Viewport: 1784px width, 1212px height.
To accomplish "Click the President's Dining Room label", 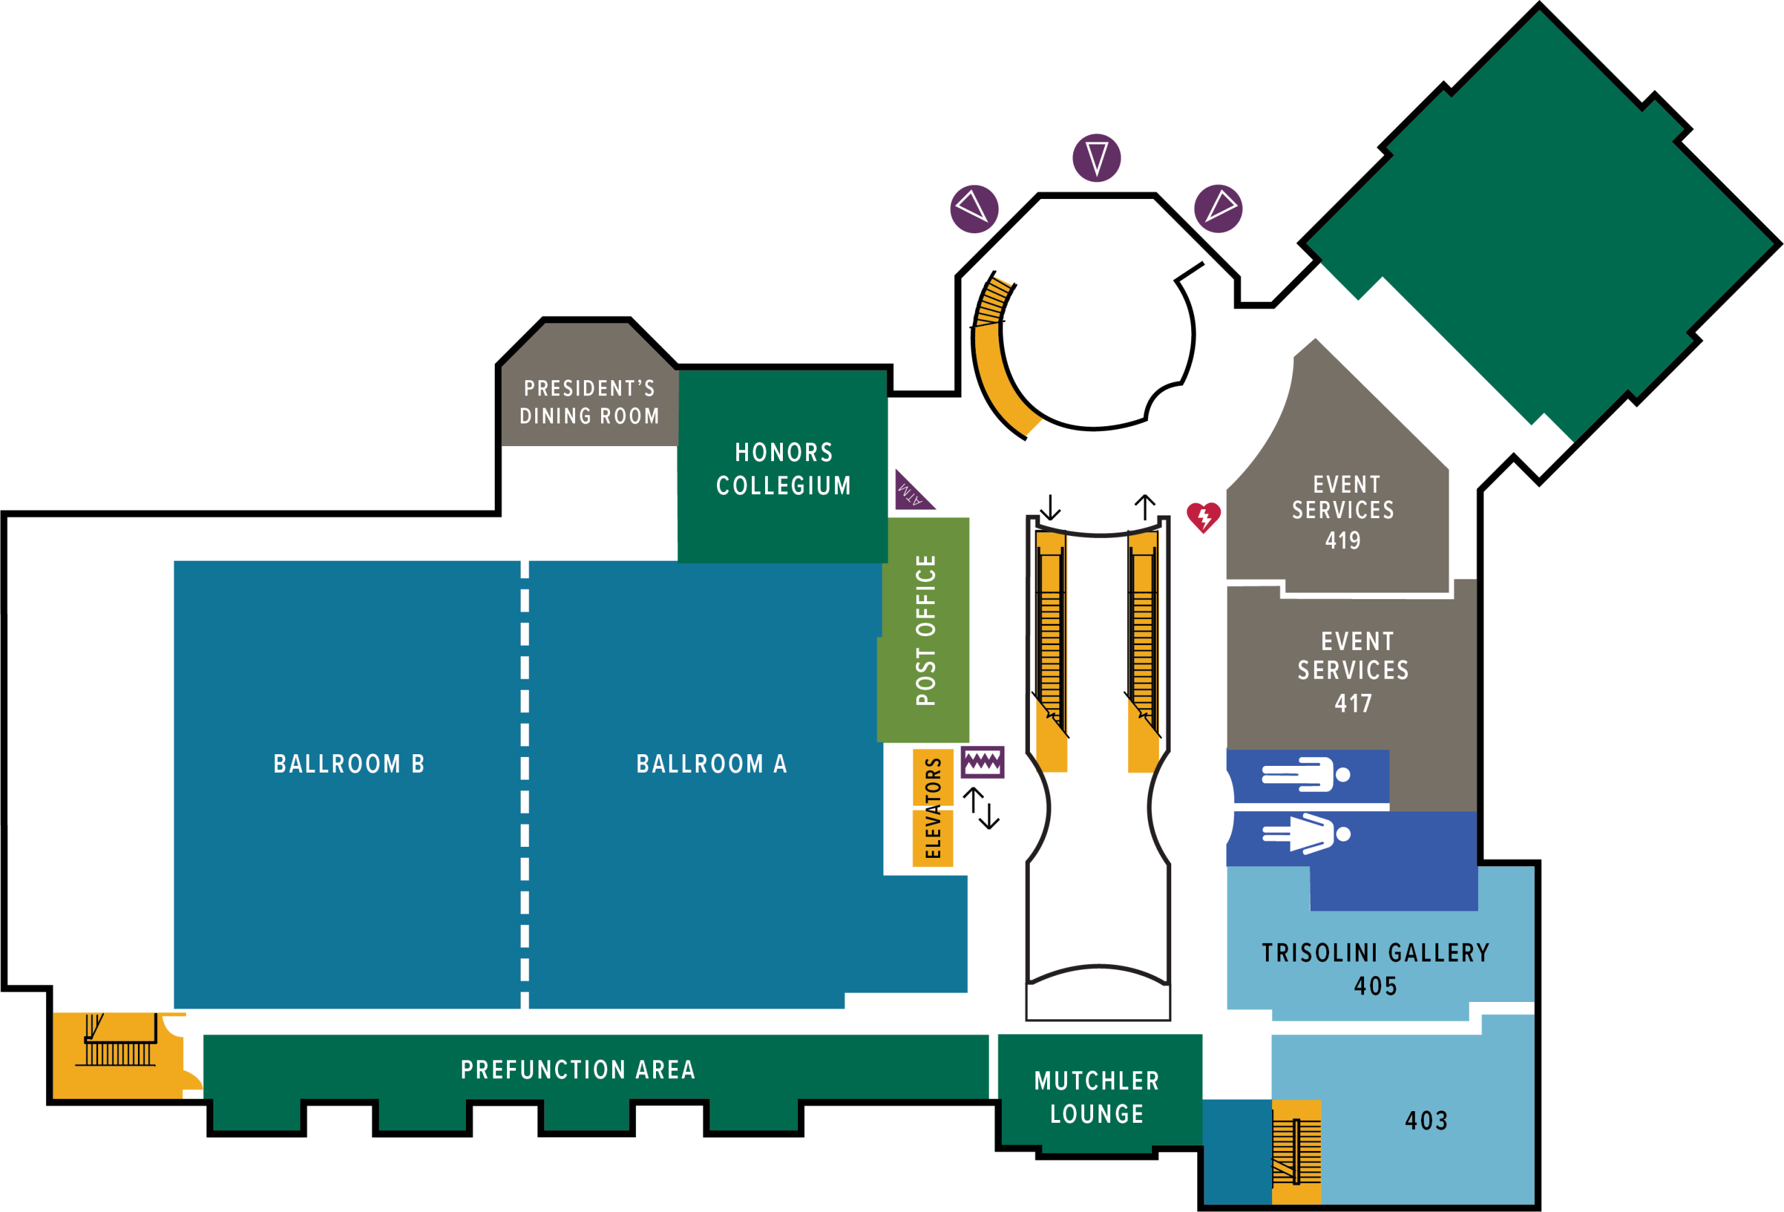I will coord(589,402).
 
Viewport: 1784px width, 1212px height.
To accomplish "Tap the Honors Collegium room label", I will coord(783,469).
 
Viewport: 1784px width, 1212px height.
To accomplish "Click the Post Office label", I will coord(926,630).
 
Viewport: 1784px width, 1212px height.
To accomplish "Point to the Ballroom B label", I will coord(349,765).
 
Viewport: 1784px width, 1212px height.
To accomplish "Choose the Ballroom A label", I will coord(712,765).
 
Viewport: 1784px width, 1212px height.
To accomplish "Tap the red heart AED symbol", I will coord(1203,517).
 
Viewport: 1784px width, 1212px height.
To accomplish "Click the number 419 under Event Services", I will coord(1343,540).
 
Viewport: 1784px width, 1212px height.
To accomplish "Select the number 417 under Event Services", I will coord(1352,703).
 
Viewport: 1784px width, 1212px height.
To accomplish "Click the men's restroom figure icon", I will coord(1306,774).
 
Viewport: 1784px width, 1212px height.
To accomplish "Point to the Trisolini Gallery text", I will coord(1376,953).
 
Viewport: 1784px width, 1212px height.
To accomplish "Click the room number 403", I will coord(1427,1121).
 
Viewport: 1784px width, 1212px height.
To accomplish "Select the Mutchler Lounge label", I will coord(1097,1097).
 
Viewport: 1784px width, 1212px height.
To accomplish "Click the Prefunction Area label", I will coord(578,1070).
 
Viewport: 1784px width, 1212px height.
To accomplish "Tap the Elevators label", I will coord(932,808).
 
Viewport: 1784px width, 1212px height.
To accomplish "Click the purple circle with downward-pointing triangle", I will coord(1096,158).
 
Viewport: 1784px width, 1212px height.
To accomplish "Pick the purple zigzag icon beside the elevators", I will coord(982,762).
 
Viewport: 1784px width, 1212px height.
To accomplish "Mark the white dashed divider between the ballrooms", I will coord(525,783).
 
